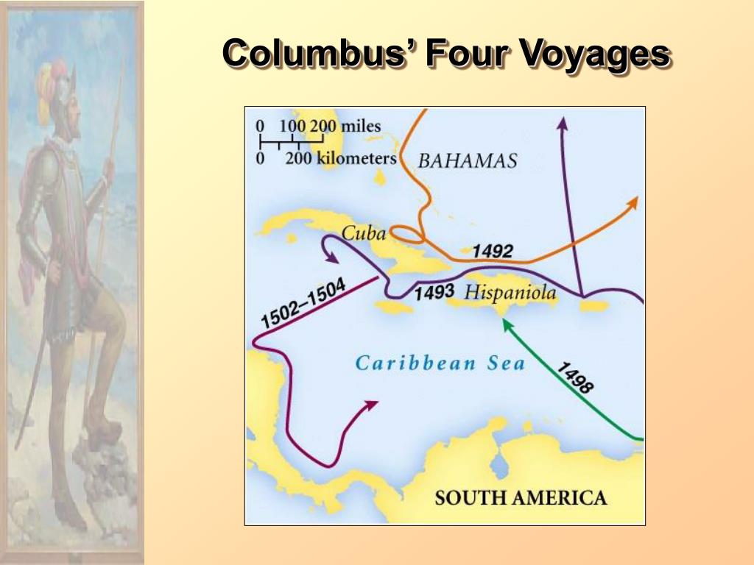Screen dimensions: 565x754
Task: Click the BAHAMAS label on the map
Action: (468, 160)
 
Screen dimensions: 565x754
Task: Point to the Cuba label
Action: (364, 234)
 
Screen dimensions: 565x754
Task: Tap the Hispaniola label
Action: (511, 293)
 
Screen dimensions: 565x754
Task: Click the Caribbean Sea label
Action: (440, 363)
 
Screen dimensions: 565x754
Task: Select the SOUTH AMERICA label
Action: (521, 497)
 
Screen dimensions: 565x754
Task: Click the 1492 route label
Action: (492, 251)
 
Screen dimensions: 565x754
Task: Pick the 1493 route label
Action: (434, 292)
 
